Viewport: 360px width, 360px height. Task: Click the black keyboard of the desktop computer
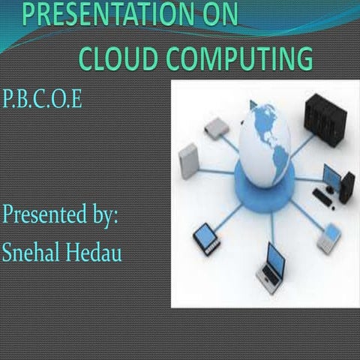pyautogui.click(x=323, y=196)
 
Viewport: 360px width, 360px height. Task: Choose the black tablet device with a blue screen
pyautogui.click(x=205, y=238)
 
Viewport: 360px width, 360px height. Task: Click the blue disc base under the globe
pyautogui.click(x=262, y=180)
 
